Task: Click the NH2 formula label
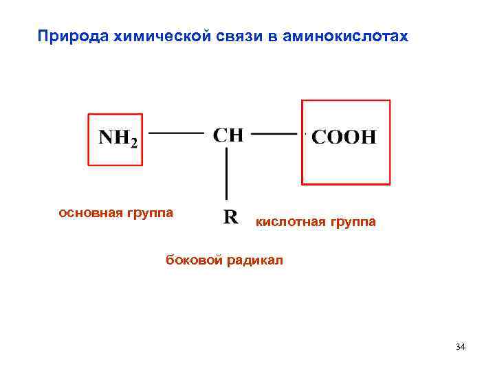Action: [x=118, y=138]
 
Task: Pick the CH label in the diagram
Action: [x=228, y=134]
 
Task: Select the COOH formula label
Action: [x=344, y=137]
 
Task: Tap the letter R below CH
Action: [x=231, y=218]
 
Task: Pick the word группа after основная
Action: [x=148, y=213]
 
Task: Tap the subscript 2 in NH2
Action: [x=134, y=143]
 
